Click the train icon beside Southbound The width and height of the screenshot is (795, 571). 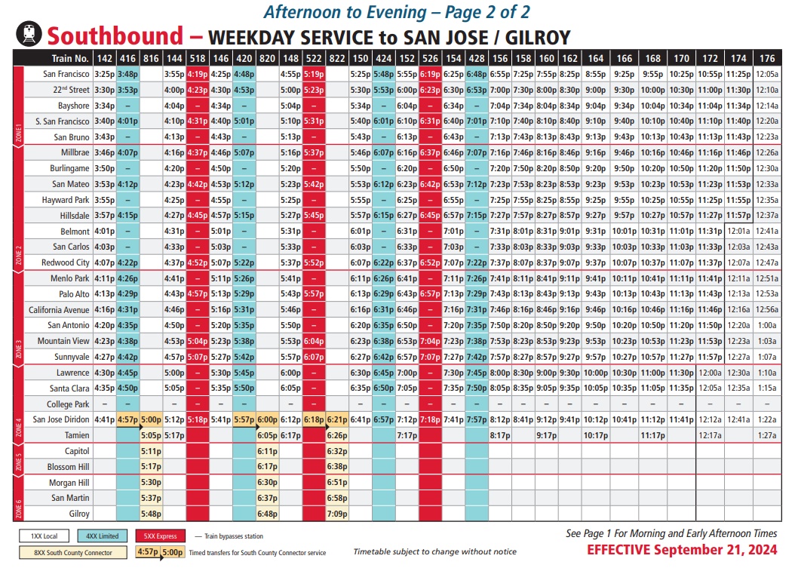(29, 35)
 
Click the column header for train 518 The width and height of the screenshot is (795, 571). (198, 58)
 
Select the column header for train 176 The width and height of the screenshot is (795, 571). (767, 58)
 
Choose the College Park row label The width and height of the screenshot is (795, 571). (69, 404)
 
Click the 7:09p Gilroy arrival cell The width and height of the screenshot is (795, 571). (337, 514)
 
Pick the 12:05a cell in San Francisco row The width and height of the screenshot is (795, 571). (767, 74)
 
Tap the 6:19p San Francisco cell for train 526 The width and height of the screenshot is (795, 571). (430, 74)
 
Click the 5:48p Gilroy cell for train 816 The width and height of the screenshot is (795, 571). (151, 514)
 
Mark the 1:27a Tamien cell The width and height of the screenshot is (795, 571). (767, 435)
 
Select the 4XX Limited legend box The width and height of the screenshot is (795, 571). (104, 536)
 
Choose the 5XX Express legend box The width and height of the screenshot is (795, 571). (161, 536)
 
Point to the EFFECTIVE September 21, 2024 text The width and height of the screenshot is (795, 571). (682, 550)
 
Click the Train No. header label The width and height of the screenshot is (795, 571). (70, 58)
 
